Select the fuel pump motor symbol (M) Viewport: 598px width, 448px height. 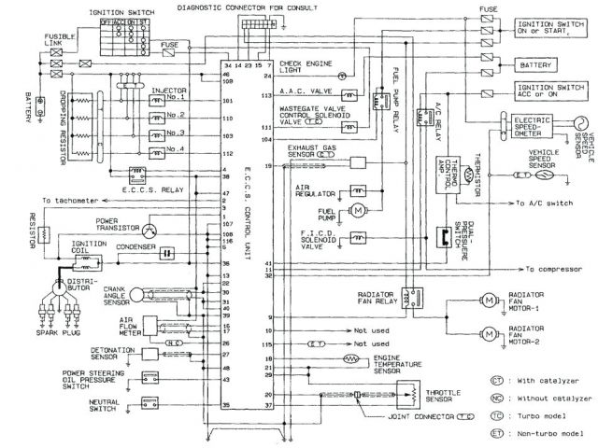click(357, 211)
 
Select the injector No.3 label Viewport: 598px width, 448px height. click(176, 132)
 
